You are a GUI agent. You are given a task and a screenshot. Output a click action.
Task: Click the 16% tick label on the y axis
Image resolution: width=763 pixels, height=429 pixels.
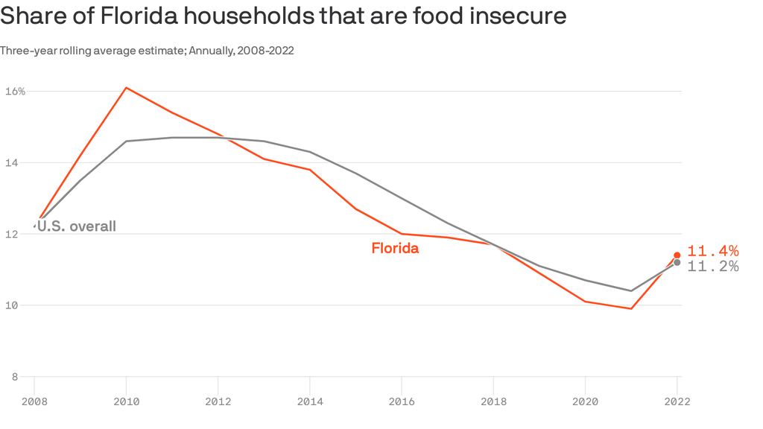click(15, 92)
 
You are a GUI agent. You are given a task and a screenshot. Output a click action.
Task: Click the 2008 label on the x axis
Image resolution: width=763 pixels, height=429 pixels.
click(34, 401)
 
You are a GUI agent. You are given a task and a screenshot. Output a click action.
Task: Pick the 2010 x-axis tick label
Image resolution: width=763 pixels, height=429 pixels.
click(127, 401)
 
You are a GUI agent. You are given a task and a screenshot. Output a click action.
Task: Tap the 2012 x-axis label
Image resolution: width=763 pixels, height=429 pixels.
click(218, 401)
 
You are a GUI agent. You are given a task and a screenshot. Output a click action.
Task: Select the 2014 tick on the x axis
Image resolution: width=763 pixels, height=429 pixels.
click(310, 401)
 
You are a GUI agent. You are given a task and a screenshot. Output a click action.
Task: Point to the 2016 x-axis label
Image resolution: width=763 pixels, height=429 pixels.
click(402, 401)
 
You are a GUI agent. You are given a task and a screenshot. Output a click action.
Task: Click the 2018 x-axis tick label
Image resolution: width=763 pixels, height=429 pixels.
click(493, 401)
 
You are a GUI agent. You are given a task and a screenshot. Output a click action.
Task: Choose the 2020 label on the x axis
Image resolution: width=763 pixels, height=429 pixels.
click(585, 401)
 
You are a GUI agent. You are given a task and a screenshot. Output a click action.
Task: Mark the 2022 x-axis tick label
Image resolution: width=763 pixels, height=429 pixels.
click(677, 401)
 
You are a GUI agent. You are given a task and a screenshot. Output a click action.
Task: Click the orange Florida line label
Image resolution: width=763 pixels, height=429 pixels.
click(395, 249)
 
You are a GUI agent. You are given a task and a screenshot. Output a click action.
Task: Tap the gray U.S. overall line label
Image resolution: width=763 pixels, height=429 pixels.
click(76, 226)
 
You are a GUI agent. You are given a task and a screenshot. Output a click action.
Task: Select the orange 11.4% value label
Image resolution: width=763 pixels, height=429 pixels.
click(712, 251)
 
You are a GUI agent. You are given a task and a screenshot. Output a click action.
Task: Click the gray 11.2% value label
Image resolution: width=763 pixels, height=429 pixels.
click(712, 267)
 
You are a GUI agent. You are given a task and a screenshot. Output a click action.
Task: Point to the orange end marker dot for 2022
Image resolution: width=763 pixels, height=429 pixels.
click(677, 255)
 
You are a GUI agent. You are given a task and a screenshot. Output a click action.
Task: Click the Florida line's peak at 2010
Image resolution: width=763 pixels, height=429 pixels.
click(127, 88)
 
